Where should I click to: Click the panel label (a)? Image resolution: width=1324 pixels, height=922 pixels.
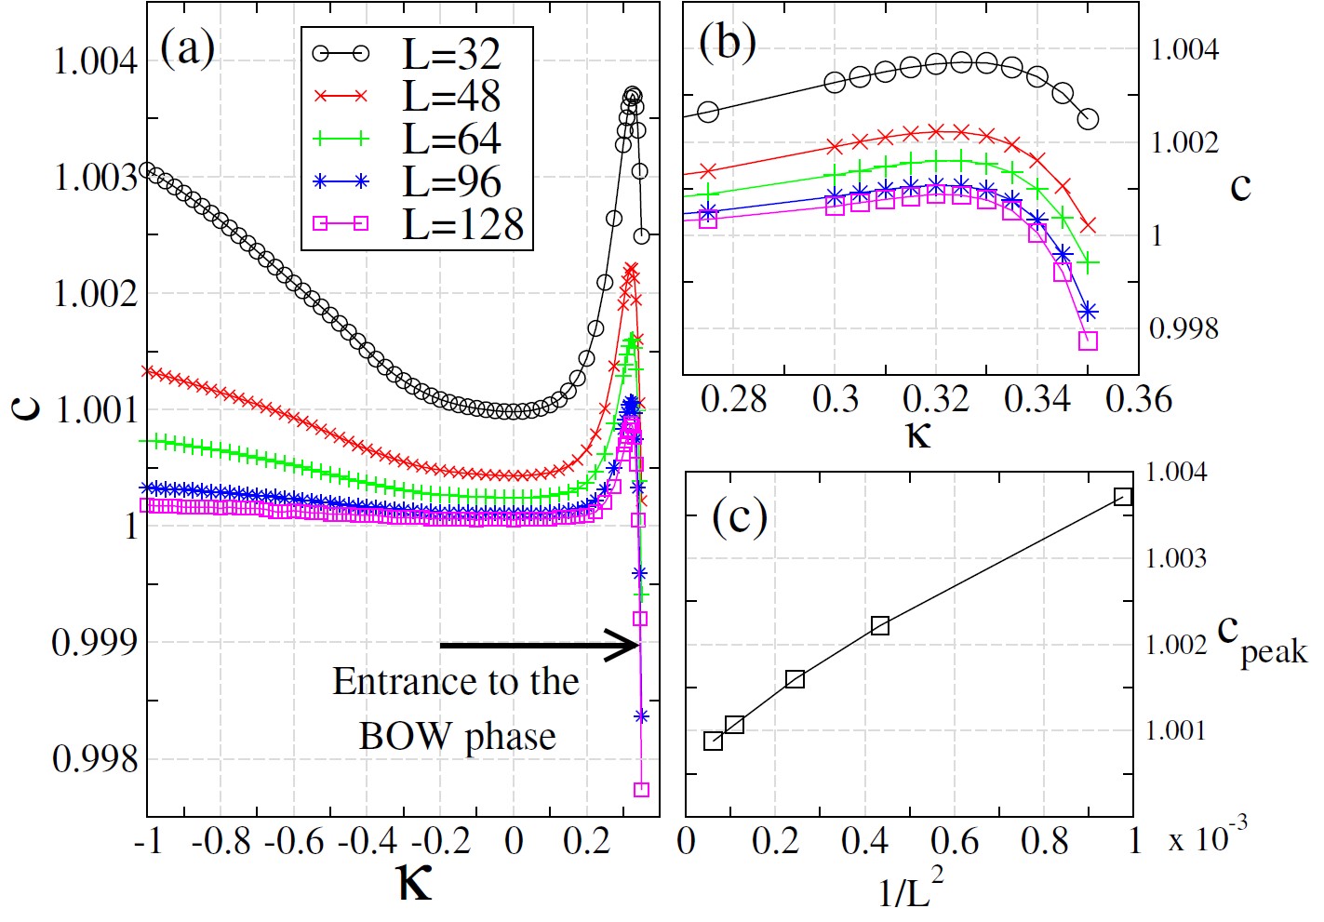coord(187,47)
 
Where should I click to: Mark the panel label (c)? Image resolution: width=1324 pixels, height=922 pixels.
coord(740,515)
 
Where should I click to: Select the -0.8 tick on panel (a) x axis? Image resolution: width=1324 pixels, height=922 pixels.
coord(221,841)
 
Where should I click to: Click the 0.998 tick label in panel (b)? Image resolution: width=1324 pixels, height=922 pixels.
coord(1183,328)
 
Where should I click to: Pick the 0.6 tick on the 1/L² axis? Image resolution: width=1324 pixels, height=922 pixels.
coord(955,841)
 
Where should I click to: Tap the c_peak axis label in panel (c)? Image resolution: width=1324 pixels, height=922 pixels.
coord(1262,639)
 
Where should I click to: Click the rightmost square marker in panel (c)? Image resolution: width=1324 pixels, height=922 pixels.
coord(1123,497)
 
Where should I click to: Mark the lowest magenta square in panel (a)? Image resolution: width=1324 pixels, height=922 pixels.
coord(641,790)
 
